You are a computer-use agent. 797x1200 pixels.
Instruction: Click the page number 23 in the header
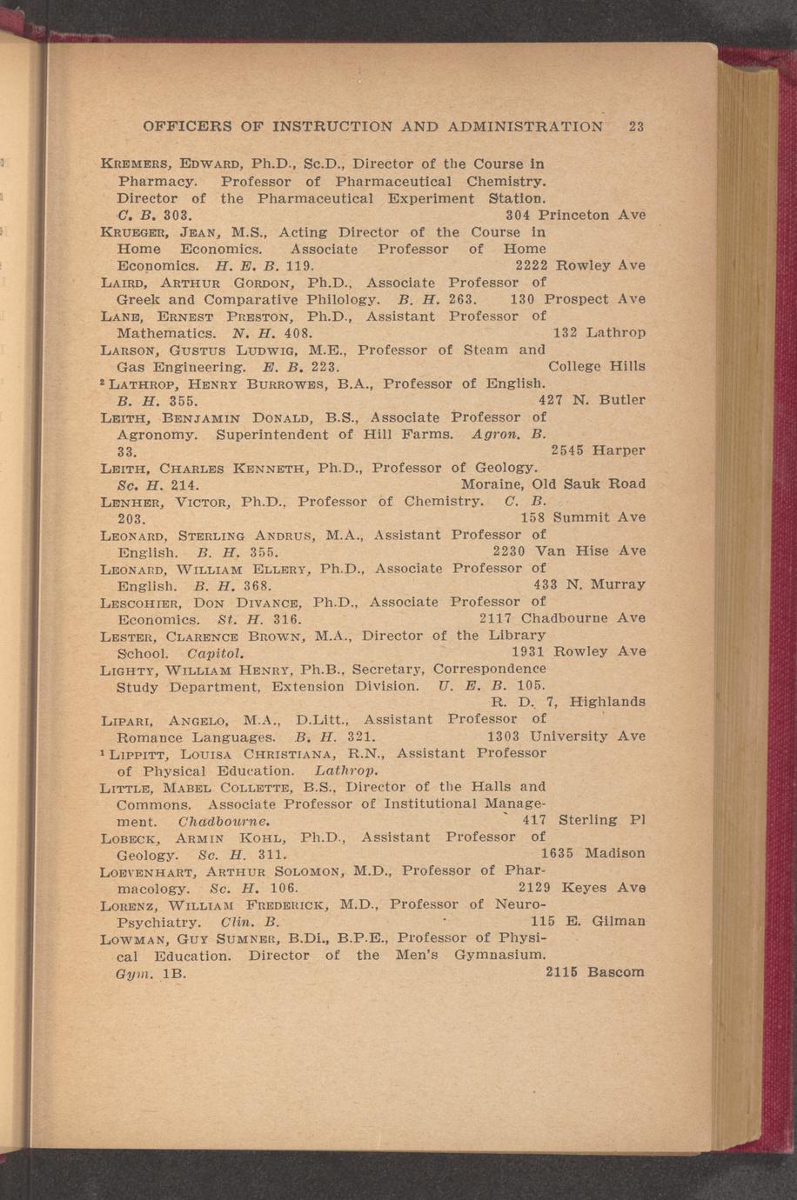point(636,126)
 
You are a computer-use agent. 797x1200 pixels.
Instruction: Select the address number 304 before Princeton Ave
point(518,214)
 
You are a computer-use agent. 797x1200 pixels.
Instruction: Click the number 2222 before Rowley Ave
point(531,264)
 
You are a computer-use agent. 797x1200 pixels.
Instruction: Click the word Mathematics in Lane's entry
point(166,333)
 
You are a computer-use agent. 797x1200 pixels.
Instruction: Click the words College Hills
point(597,366)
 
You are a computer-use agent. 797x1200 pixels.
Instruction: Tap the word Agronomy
point(159,434)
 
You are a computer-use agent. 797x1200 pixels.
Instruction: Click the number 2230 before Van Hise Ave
point(508,550)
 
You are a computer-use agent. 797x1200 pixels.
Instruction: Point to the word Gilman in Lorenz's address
point(618,920)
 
